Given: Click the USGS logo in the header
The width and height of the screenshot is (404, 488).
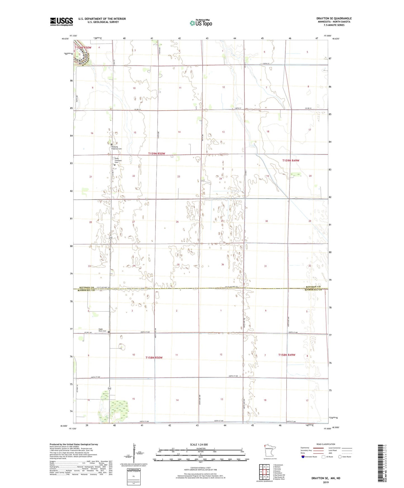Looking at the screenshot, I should click(x=61, y=22).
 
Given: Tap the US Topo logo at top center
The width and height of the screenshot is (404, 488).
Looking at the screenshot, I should click(x=201, y=23).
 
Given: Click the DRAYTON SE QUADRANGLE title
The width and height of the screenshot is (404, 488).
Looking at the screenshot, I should click(x=334, y=18).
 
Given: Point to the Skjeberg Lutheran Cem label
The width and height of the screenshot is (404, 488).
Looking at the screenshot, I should click(x=116, y=148).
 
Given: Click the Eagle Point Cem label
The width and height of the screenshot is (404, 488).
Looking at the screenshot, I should click(x=102, y=330).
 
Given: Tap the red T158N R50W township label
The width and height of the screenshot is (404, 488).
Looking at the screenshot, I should click(x=154, y=358).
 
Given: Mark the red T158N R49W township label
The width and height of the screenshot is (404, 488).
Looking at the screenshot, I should click(x=287, y=355).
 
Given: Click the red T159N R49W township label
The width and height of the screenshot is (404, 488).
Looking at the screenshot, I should click(x=291, y=161).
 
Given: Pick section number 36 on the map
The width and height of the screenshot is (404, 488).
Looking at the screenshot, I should click(x=223, y=264).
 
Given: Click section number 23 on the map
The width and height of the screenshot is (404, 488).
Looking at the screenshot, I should click(x=179, y=177).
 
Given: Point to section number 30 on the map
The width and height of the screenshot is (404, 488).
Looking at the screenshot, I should click(x=266, y=221).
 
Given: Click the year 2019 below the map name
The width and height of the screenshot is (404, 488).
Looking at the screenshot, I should click(x=326, y=482).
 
